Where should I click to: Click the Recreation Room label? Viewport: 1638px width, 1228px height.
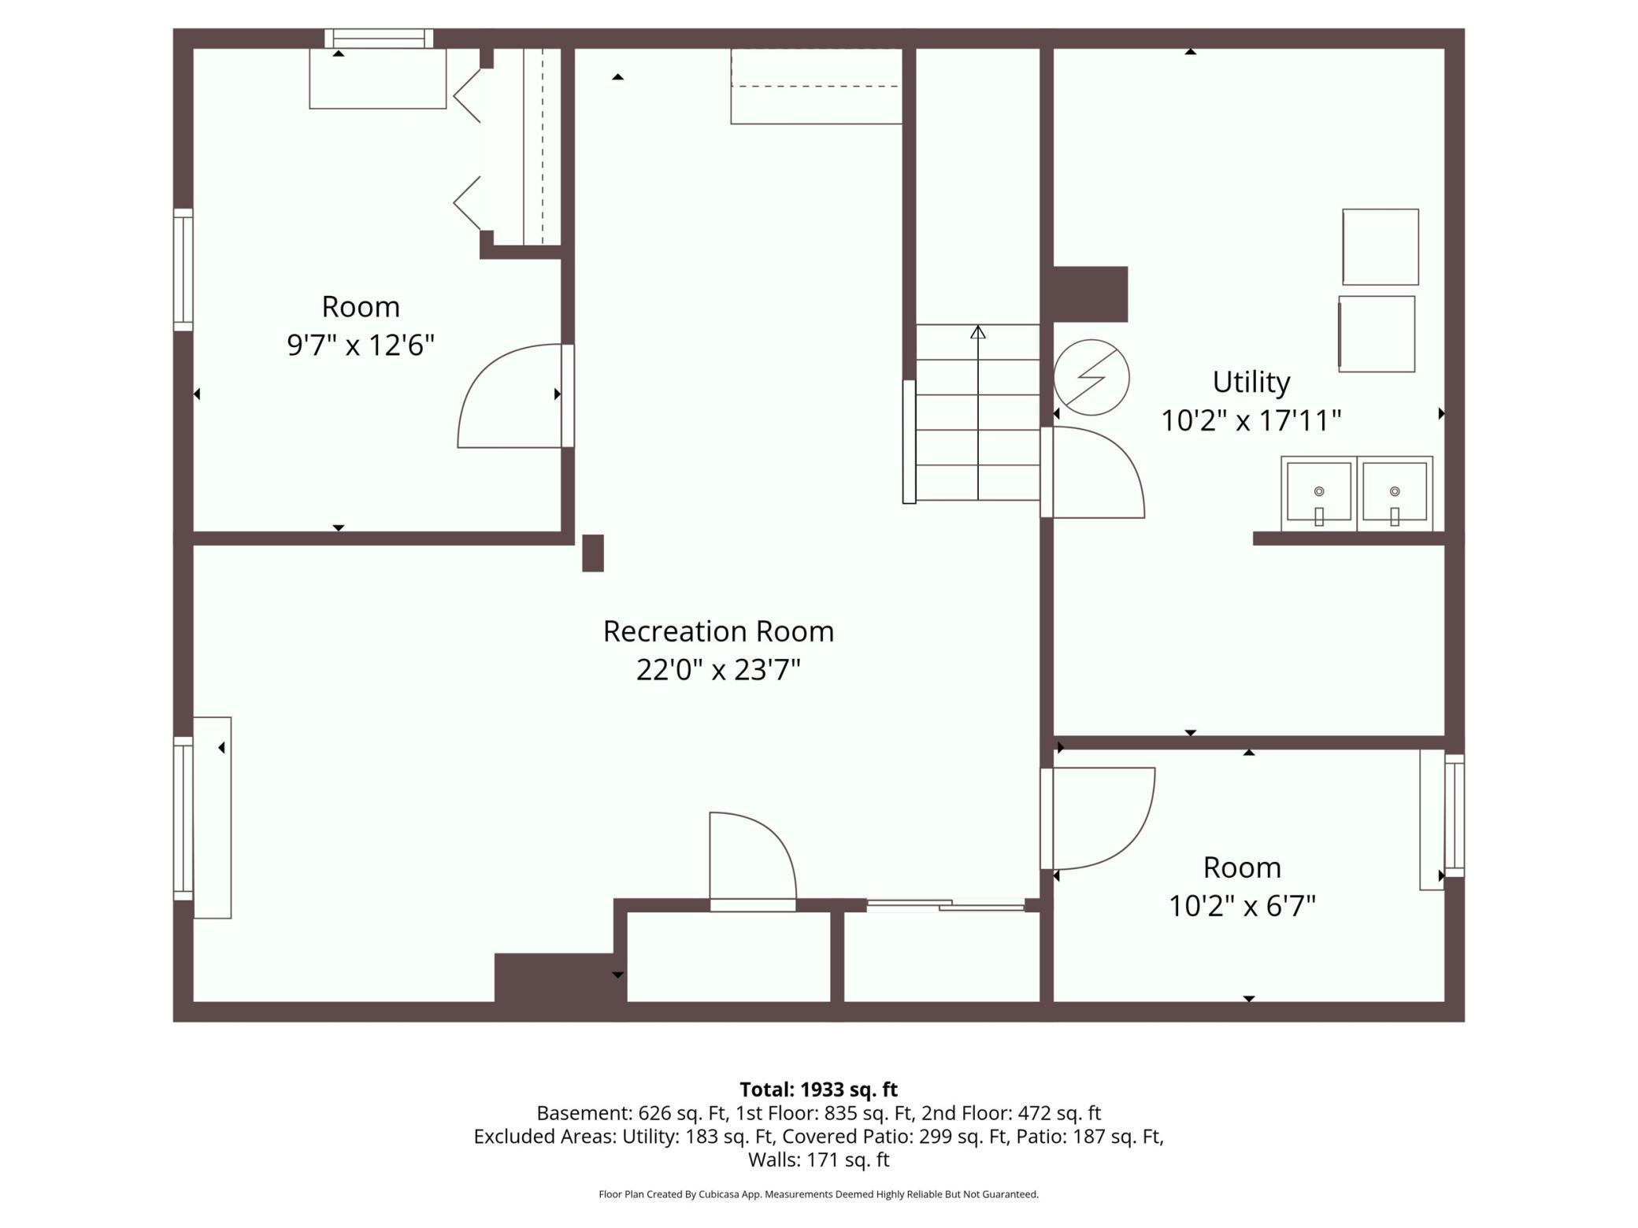tap(718, 631)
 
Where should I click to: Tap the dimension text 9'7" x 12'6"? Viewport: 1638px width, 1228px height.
tap(361, 345)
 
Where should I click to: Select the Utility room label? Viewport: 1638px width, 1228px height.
tap(1251, 382)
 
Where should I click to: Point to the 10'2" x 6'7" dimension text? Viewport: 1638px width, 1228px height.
tap(1242, 906)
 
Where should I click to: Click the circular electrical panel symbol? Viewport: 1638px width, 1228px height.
tap(1091, 378)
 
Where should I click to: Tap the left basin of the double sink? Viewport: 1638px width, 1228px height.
tap(1318, 493)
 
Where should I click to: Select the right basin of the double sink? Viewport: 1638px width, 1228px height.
tap(1394, 493)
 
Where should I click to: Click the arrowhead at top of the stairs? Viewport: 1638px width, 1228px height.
tap(977, 332)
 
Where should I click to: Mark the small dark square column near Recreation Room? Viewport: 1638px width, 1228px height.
tap(592, 553)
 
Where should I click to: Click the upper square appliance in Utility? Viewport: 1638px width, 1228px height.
tap(1380, 246)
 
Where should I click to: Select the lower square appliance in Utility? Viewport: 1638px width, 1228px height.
tap(1376, 334)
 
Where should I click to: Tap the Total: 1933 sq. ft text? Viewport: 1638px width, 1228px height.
tap(818, 1089)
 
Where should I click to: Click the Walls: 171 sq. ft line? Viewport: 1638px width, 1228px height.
tap(818, 1160)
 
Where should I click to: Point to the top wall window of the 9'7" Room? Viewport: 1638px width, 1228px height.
tap(379, 38)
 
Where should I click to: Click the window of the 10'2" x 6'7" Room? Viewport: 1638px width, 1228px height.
tap(1454, 816)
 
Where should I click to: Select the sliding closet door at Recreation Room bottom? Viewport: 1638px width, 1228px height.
tap(945, 905)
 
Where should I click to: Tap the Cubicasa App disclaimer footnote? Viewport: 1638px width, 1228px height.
tap(818, 1194)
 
